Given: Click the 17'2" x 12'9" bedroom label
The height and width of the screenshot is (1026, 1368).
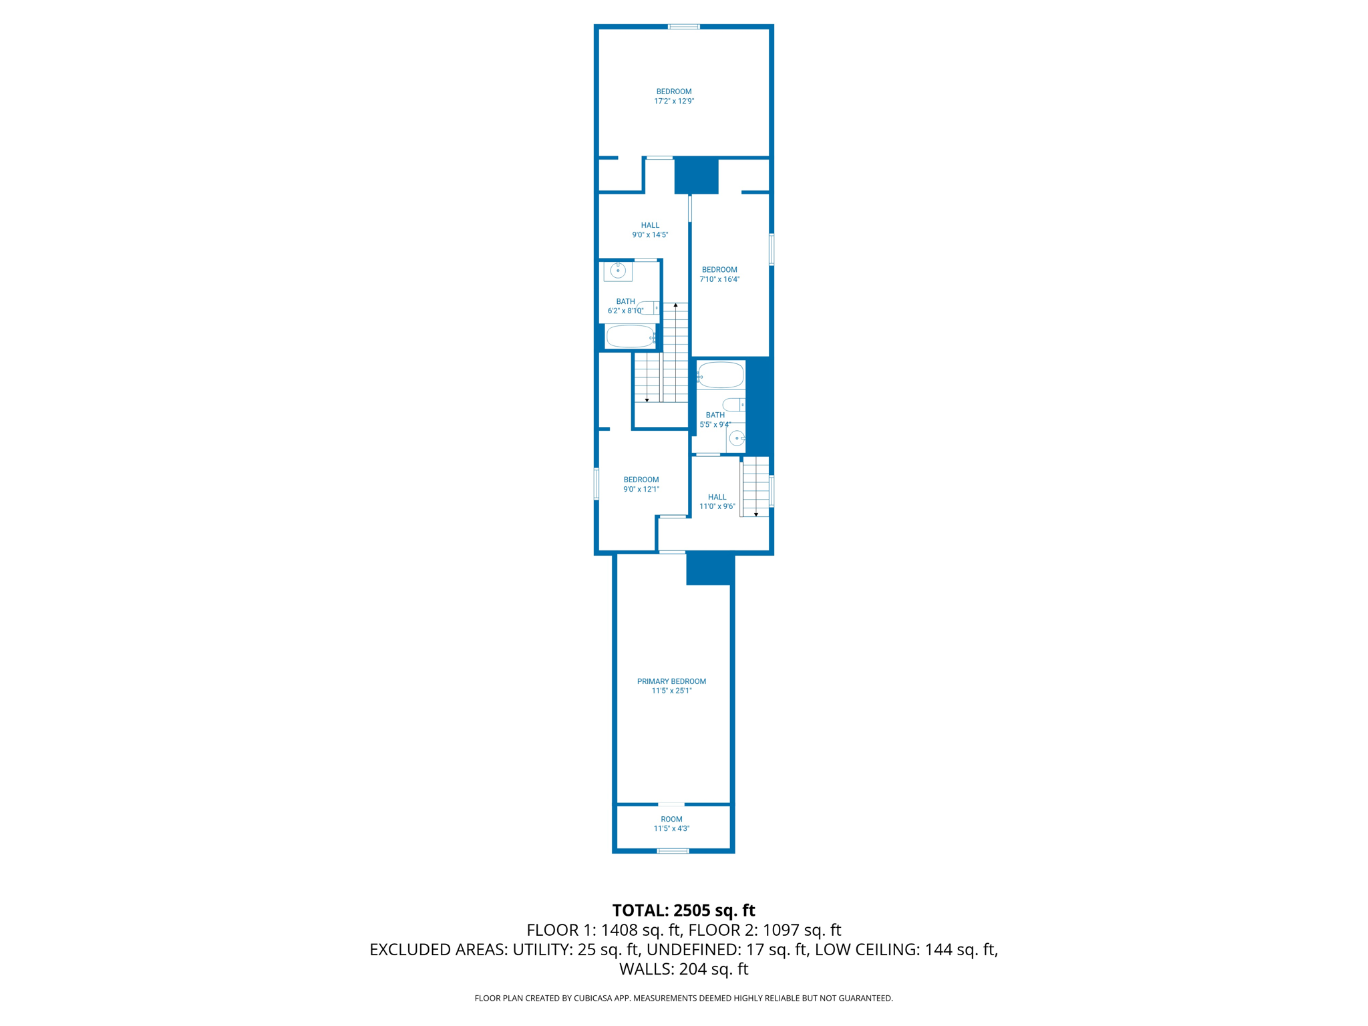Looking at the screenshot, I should click(x=673, y=96).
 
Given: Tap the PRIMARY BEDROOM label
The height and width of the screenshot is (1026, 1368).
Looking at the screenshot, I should click(x=671, y=686).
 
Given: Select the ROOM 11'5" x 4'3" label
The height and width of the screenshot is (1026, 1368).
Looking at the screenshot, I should click(x=671, y=824).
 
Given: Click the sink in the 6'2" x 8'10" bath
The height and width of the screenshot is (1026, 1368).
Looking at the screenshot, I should click(x=618, y=271).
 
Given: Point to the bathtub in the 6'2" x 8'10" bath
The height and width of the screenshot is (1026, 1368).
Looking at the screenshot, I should click(x=630, y=337).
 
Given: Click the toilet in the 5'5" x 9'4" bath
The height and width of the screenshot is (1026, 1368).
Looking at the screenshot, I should click(x=733, y=404).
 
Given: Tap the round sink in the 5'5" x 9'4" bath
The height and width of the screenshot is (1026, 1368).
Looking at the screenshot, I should click(x=736, y=438).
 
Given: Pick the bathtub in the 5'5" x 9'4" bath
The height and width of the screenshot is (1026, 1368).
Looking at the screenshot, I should click(x=721, y=375).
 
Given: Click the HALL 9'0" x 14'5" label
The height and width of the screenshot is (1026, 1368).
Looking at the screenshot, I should click(x=650, y=230).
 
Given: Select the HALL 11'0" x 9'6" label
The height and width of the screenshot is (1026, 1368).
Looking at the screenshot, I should click(x=717, y=502).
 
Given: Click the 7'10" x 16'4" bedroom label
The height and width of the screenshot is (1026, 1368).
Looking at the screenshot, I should click(x=719, y=275).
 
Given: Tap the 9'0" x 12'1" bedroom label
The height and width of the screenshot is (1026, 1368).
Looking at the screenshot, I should click(x=641, y=484).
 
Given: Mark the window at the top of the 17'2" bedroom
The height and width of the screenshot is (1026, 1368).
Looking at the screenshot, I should click(x=683, y=27).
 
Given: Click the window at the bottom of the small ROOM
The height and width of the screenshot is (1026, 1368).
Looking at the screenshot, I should click(x=673, y=851).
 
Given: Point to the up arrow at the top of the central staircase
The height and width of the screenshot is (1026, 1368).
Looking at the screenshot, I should click(x=675, y=305).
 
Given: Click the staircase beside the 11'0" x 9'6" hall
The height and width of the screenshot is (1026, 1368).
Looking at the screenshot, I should click(x=755, y=486).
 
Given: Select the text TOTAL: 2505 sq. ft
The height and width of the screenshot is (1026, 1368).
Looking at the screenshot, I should click(x=683, y=910).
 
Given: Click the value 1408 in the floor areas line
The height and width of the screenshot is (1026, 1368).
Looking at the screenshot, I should click(x=621, y=930).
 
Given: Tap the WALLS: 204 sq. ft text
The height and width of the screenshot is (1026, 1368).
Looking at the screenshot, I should click(x=683, y=969).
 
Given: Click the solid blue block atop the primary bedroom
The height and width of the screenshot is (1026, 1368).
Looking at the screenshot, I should click(x=710, y=569).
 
